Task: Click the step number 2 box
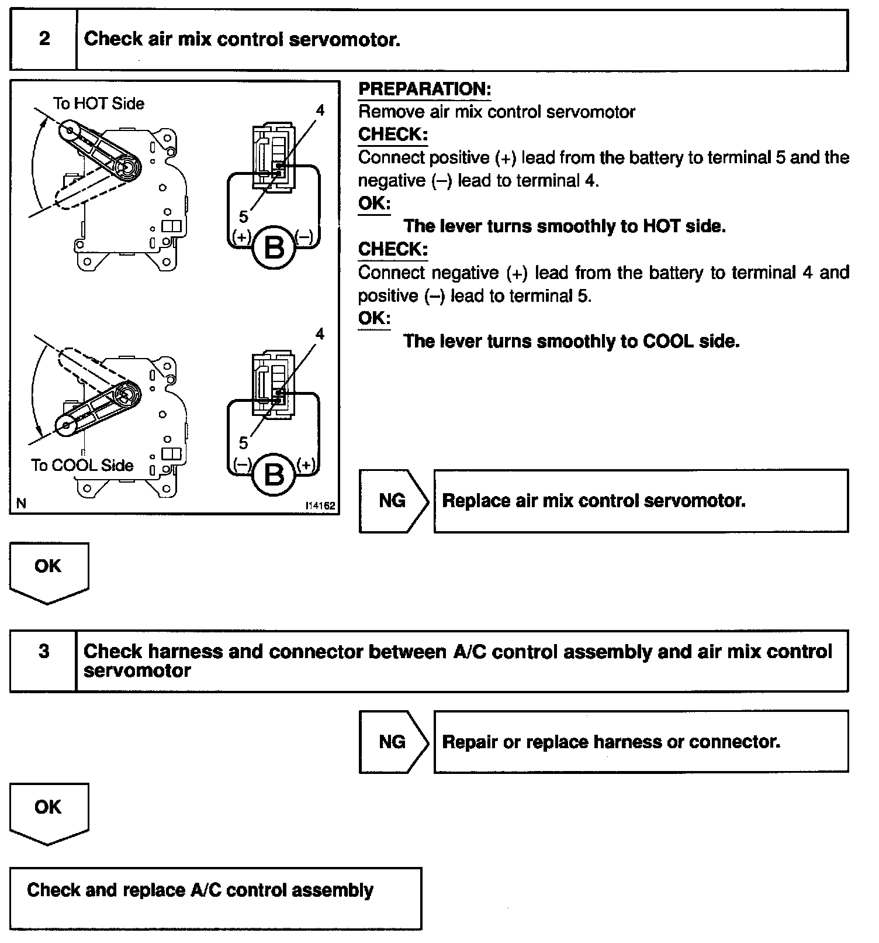coord(44,40)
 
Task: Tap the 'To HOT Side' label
coord(98,104)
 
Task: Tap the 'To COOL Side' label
coord(82,465)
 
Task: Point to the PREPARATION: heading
coord(424,89)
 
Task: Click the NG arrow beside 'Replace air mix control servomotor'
coord(393,501)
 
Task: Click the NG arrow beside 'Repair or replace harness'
coord(393,742)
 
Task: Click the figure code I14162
coord(320,505)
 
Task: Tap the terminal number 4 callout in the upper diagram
coord(320,110)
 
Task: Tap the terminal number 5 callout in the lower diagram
coord(243,443)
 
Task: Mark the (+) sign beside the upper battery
coord(241,236)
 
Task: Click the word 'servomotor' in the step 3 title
coord(137,670)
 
